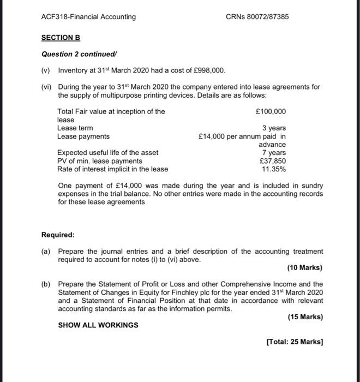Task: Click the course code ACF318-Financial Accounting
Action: coord(88,17)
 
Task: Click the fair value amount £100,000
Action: coord(271,112)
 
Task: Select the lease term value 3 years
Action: coord(274,128)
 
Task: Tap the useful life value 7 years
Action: coord(274,153)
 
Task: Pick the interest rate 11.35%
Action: coord(274,169)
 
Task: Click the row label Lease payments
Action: coord(83,136)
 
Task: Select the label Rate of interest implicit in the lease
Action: coord(112,169)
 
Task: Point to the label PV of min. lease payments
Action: coord(100,161)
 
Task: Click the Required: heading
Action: coord(58,235)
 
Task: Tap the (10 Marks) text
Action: coord(304,268)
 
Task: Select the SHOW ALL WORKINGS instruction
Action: coord(98,325)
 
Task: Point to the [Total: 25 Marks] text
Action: coord(294,342)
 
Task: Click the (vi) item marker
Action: coord(47,87)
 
